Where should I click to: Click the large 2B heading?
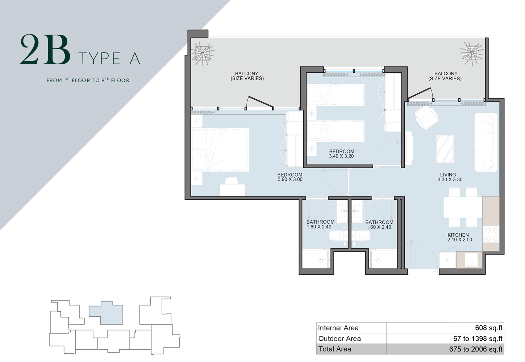(x=45, y=50)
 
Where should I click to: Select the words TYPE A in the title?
(x=109, y=59)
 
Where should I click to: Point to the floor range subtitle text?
(x=88, y=80)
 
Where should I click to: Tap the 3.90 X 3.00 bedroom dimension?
(x=290, y=180)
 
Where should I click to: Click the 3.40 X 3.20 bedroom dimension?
(x=341, y=156)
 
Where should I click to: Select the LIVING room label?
(x=448, y=174)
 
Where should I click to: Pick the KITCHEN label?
(x=458, y=235)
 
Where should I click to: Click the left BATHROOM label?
(x=320, y=222)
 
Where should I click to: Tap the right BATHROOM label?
(x=379, y=222)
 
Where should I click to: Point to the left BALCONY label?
(x=247, y=74)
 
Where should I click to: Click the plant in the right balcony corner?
(x=472, y=53)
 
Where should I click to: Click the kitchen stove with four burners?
(x=491, y=234)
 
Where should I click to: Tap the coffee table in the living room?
(x=445, y=149)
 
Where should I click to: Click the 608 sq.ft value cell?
(x=488, y=328)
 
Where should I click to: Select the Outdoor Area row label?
(x=339, y=339)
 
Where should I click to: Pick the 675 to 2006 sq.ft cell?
(x=475, y=349)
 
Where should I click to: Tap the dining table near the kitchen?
(x=462, y=207)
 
